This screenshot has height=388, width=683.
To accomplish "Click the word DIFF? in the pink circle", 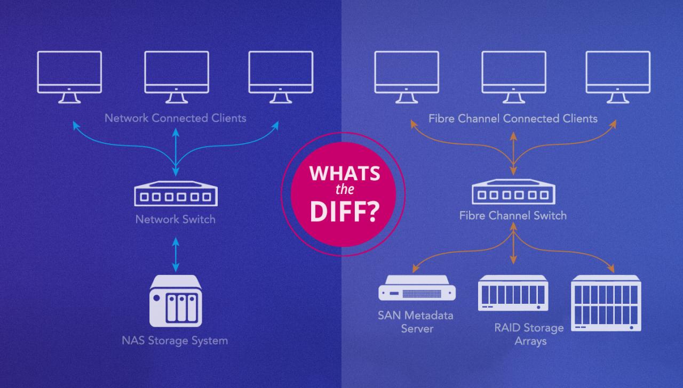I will coord(344,211).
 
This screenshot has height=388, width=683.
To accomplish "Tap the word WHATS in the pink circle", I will coord(344,174).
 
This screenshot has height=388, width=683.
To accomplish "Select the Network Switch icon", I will coord(176,193).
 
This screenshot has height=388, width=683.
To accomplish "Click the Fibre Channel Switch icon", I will coord(513,191).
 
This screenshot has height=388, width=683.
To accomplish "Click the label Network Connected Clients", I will coord(176,118).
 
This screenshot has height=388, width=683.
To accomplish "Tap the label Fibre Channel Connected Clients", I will coord(513,118).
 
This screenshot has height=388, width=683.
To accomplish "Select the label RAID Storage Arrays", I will coord(529,334).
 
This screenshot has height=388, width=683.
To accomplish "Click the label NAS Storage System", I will coord(175,340).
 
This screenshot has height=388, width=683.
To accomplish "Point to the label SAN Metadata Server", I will coord(416,321).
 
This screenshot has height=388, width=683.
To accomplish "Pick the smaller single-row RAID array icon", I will coord(513,293).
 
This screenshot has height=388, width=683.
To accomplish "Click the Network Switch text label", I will coord(176,219).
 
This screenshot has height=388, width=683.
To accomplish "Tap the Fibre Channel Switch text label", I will coord(513,216).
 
